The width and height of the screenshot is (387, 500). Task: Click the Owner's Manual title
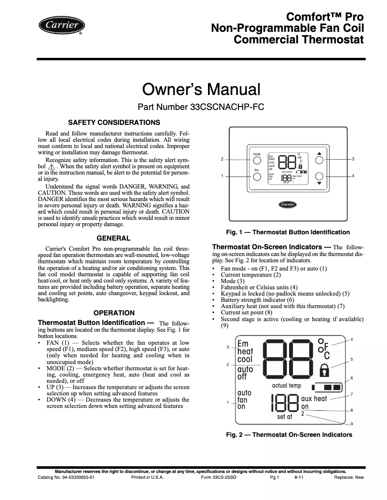(x=201, y=90)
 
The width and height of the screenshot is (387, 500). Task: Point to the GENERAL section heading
(x=114, y=238)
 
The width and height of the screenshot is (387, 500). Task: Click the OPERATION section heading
(x=114, y=313)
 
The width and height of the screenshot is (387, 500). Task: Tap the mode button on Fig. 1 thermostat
(x=257, y=160)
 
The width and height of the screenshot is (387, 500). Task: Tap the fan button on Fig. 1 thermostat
(x=257, y=176)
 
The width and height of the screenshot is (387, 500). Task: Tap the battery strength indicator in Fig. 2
(x=327, y=387)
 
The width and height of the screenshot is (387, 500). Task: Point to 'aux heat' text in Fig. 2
(x=314, y=399)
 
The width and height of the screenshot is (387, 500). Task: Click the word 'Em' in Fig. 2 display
(x=243, y=344)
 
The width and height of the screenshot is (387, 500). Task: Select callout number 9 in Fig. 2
(x=351, y=424)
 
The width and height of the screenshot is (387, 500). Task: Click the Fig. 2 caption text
(x=289, y=435)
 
